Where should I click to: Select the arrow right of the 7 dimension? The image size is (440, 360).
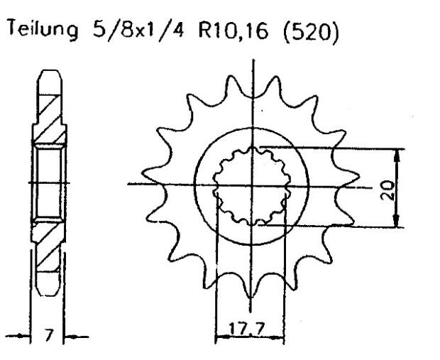tap(70, 334)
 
